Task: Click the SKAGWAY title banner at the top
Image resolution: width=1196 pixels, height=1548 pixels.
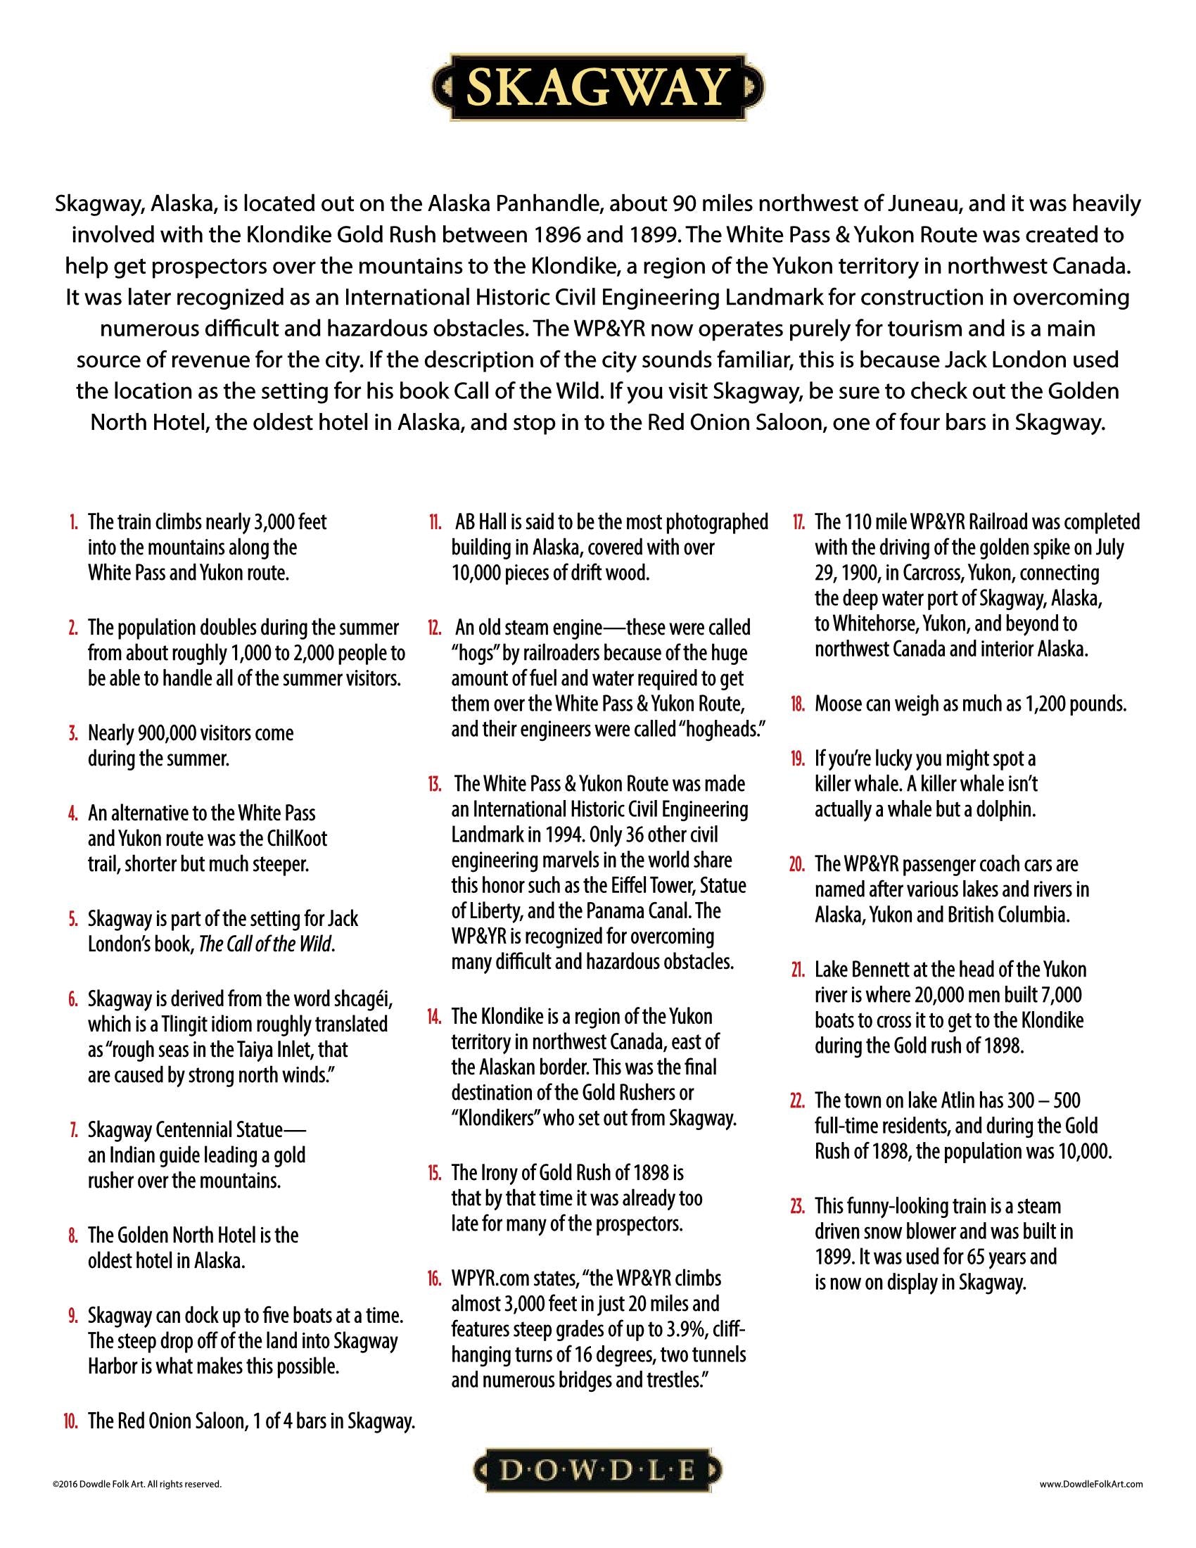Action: point(597,87)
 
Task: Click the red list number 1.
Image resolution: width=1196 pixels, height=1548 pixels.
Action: point(73,523)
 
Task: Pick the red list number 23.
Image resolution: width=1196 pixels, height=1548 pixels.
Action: point(797,1205)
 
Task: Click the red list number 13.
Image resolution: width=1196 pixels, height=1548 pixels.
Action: point(433,785)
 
